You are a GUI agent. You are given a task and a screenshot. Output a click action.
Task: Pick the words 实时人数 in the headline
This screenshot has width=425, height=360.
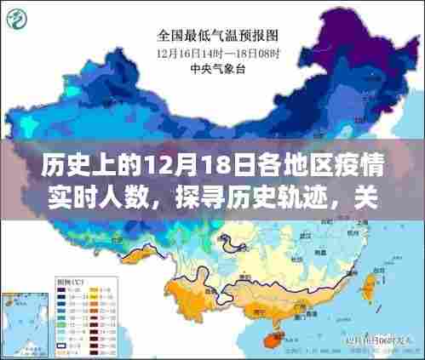tap(81, 202)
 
